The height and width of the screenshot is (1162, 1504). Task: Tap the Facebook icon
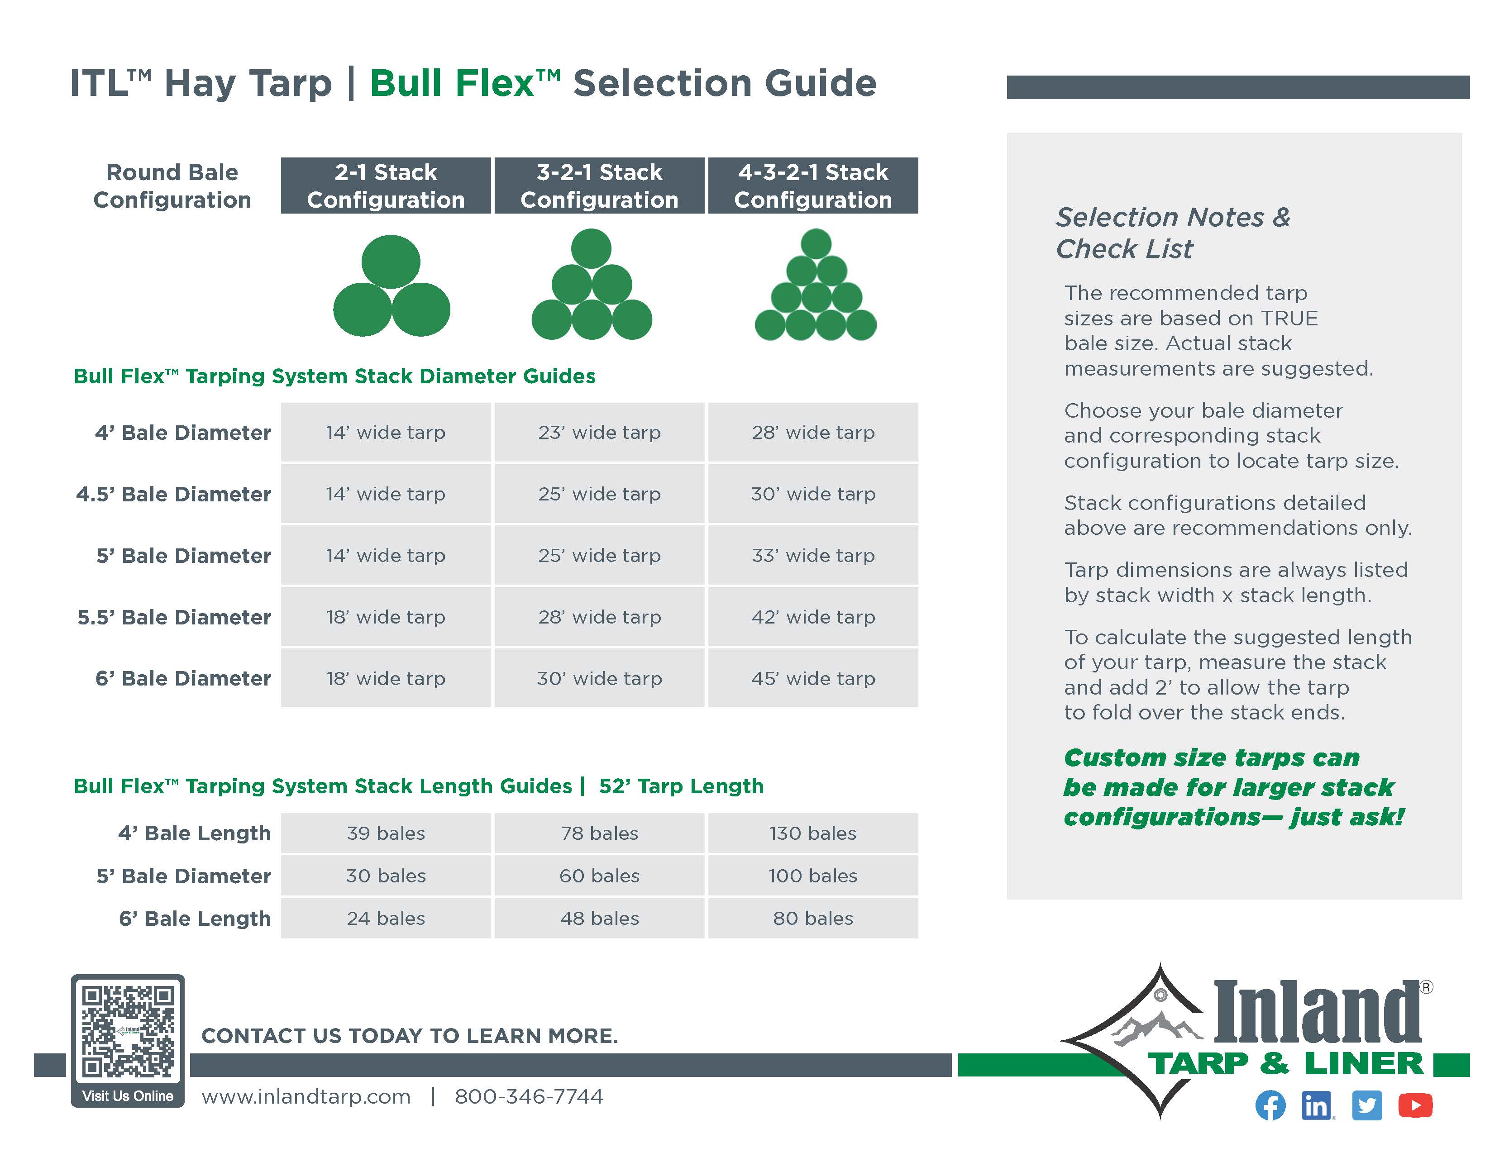1270,1105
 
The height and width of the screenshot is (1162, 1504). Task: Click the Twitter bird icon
1367,1105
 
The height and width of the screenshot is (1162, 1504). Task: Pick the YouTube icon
1416,1105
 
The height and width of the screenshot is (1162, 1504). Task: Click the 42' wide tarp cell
812,617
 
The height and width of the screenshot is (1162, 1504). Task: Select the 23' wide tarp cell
599,432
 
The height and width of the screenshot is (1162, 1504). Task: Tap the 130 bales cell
812,833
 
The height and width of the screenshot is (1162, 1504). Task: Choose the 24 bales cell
386,918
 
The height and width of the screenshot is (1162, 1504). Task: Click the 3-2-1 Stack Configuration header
599,186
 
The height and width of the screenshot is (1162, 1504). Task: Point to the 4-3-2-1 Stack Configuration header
812,186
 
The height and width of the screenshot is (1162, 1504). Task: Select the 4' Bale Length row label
195,833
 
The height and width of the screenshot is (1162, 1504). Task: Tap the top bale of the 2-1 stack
391,262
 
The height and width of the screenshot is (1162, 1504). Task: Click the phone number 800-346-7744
528,1096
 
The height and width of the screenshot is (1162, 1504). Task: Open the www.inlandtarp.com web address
306,1096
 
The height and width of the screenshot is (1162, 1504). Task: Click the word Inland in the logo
1317,1011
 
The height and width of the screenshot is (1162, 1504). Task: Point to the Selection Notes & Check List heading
1173,233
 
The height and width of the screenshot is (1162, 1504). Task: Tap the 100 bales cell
812,876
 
